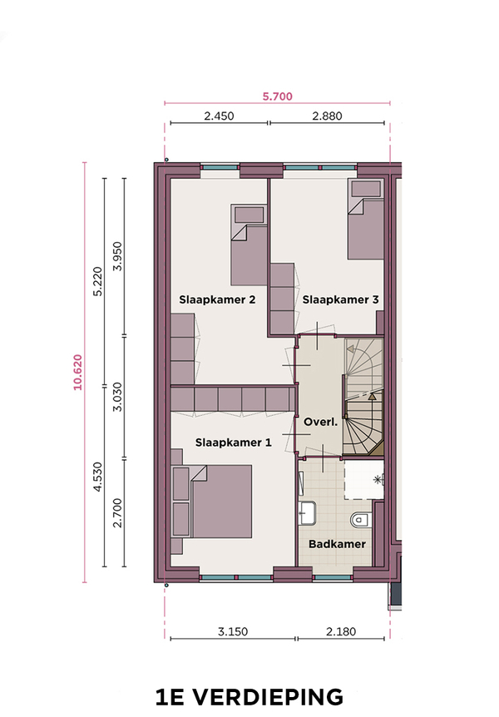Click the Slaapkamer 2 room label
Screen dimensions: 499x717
click(217, 300)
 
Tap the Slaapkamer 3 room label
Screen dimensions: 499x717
click(341, 300)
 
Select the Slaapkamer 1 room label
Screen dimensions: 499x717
click(233, 443)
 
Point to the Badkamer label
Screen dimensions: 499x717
click(337, 544)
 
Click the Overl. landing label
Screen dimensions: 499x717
click(321, 422)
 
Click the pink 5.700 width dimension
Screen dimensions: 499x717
click(277, 96)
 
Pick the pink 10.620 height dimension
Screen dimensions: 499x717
click(77, 372)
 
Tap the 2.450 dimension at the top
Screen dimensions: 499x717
click(219, 116)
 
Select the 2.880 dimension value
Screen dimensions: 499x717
click(327, 116)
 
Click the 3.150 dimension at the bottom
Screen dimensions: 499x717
click(232, 632)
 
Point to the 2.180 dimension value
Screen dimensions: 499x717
click(341, 632)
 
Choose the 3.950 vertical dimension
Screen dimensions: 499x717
click(118, 256)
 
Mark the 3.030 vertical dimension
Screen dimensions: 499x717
click(118, 397)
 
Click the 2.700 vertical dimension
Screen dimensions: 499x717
click(118, 512)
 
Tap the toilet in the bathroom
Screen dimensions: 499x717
click(360, 520)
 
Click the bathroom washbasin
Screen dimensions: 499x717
click(308, 512)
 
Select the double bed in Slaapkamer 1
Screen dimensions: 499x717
click(212, 502)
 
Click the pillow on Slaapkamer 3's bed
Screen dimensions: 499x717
click(365, 188)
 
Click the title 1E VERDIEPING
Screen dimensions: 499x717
click(249, 697)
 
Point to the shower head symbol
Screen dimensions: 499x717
click(378, 480)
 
